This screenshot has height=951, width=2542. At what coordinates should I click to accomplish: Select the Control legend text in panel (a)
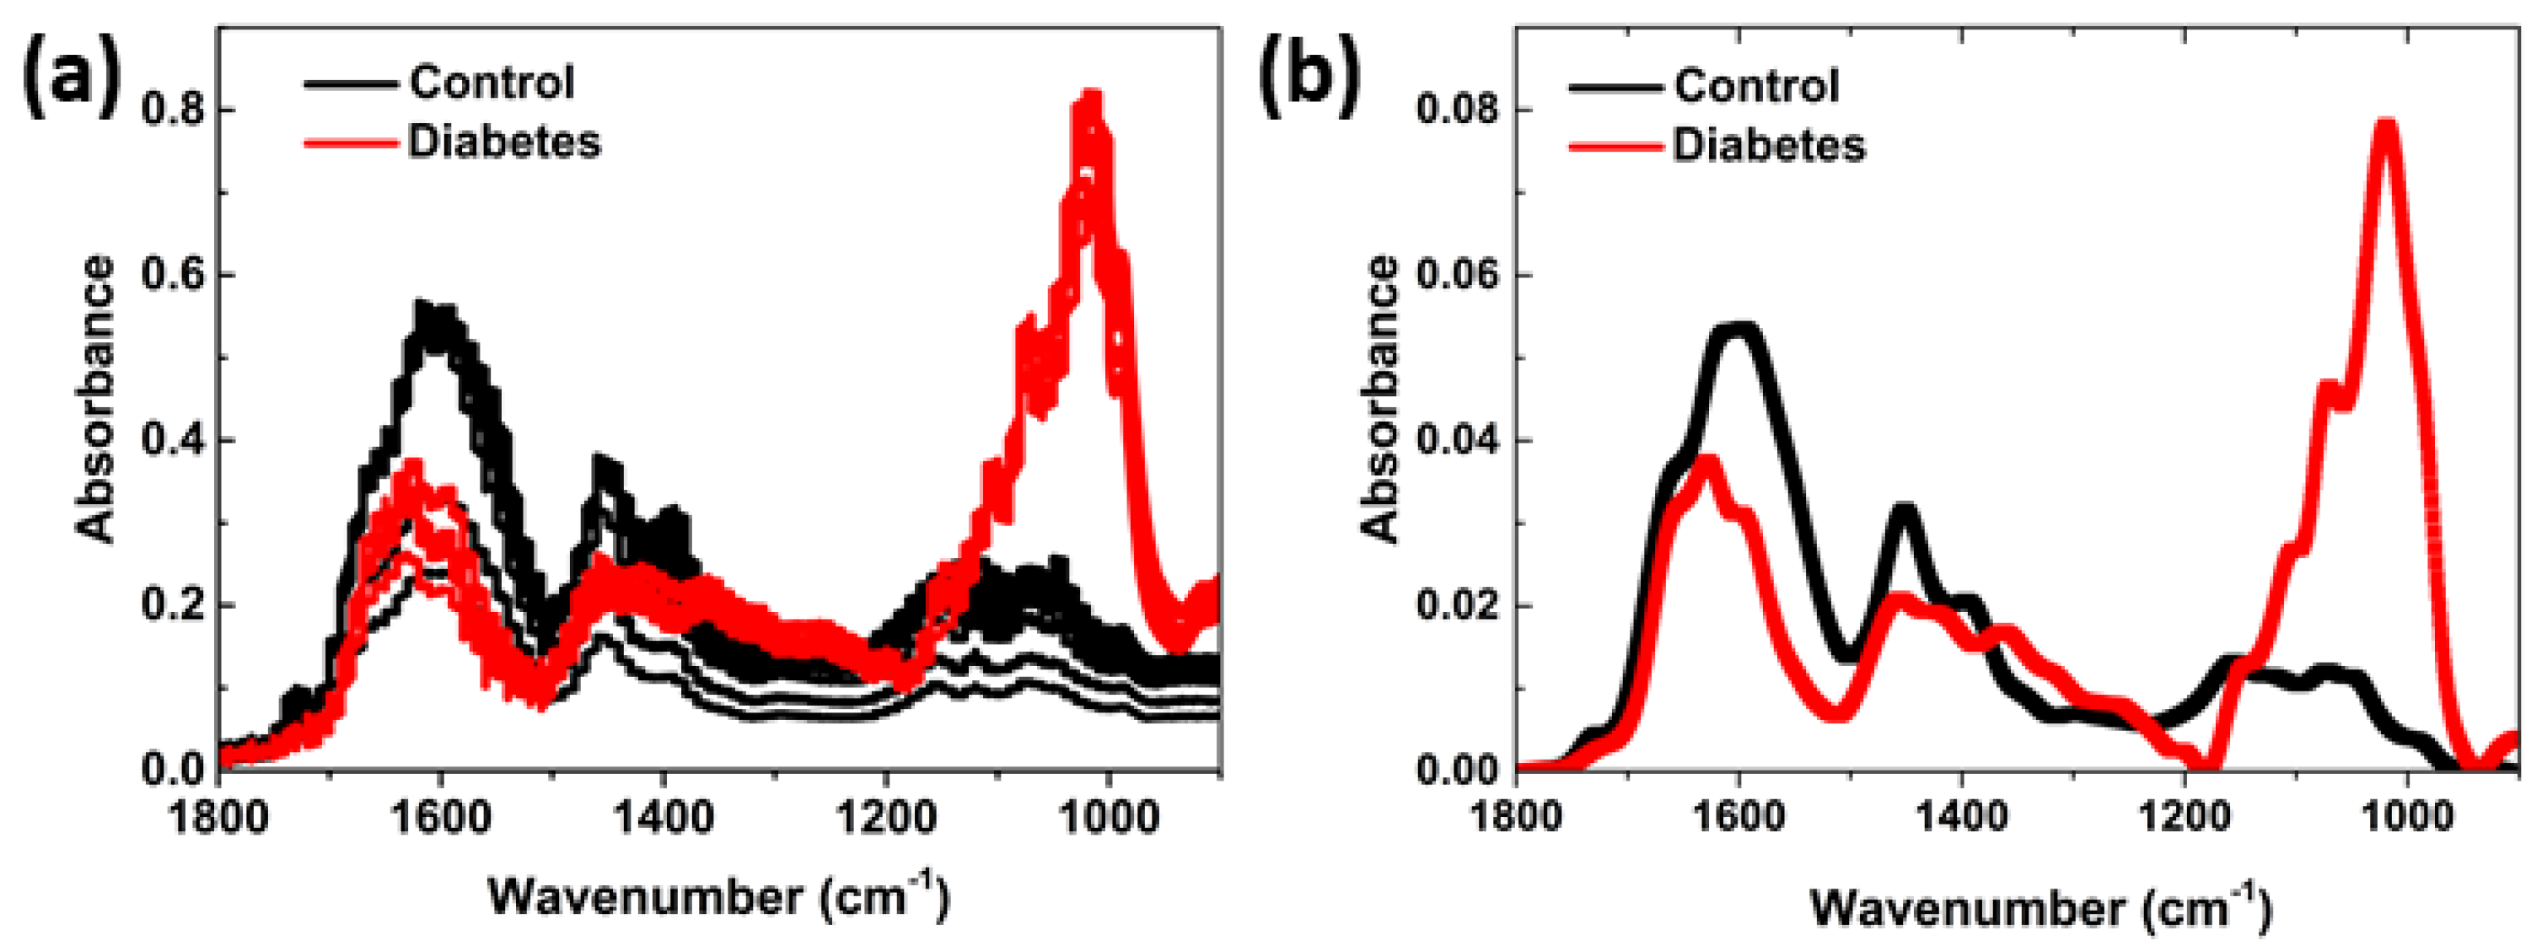492,82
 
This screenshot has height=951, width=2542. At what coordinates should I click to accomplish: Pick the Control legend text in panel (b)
1756,86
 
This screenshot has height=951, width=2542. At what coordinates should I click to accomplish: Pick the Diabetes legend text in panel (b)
1768,146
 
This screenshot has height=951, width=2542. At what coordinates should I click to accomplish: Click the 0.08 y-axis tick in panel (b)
1457,110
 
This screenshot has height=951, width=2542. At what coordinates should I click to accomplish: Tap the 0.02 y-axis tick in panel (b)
1457,604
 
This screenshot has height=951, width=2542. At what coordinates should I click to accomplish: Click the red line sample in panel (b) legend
1615,147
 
